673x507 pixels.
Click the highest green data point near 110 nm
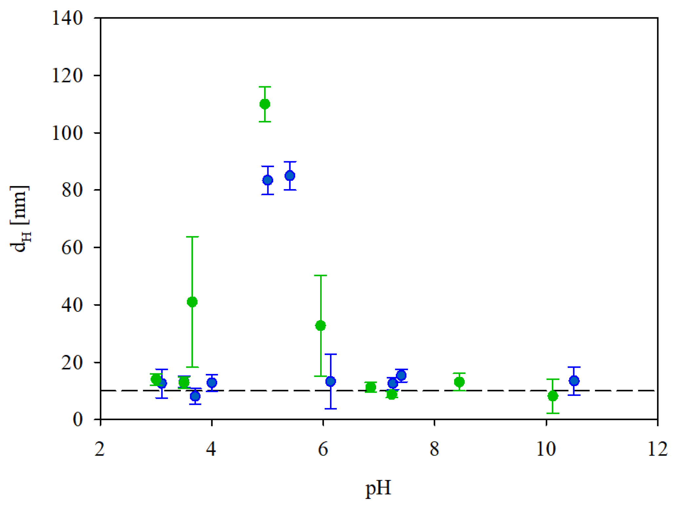pos(265,104)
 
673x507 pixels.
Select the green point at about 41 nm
pos(192,302)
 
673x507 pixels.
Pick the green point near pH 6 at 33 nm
pos(320,326)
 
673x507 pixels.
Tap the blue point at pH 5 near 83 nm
pos(268,180)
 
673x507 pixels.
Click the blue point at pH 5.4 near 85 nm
pos(290,176)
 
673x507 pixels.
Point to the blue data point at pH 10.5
pos(574,381)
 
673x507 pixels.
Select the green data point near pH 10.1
pos(553,396)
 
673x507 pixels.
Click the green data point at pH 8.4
pos(459,382)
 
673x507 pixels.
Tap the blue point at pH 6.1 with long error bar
pos(331,381)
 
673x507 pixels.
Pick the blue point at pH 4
pos(212,383)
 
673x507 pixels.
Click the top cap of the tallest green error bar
pos(192,237)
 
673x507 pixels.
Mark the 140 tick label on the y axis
pos(67,18)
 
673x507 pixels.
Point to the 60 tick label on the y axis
pos(72,248)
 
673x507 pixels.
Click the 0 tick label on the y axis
pos(78,420)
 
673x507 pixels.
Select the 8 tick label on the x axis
pos(434,449)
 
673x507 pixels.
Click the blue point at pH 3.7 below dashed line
pos(195,396)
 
